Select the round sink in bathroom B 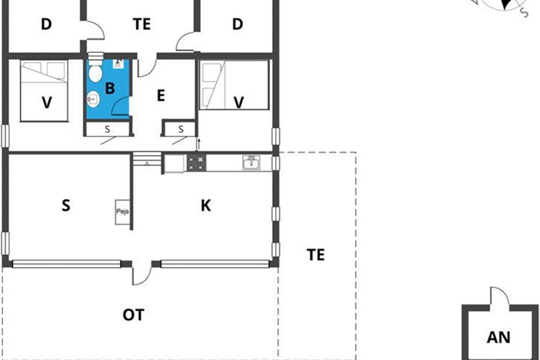click(93, 99)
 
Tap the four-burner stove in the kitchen click(197, 163)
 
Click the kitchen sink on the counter click(251, 162)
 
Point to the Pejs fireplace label click(122, 211)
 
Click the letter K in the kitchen click(206, 206)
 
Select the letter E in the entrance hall click(161, 95)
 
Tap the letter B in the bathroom click(110, 88)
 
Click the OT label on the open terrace click(134, 315)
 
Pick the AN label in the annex click(499, 337)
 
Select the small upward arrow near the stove click(198, 144)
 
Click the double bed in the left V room click(44, 90)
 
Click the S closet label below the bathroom click(107, 130)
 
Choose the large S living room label click(66, 206)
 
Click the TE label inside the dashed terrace click(315, 255)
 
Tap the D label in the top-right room click(238, 24)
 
